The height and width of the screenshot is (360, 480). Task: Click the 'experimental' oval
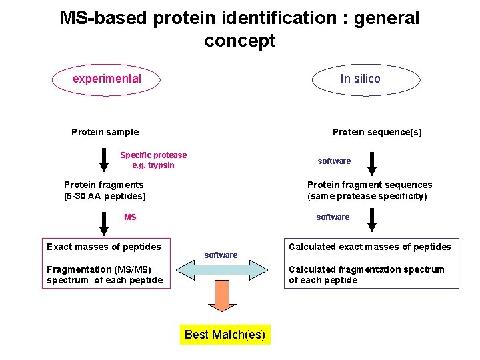[107, 79]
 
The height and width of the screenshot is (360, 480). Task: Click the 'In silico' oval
[360, 79]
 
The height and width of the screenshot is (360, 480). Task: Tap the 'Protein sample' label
[105, 132]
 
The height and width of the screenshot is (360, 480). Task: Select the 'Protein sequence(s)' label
[377, 132]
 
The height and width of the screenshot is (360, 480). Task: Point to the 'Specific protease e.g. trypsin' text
[153, 160]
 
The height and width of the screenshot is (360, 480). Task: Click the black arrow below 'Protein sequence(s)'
[372, 163]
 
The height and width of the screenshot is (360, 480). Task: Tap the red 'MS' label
[130, 217]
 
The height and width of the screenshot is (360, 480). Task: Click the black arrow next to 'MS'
[104, 221]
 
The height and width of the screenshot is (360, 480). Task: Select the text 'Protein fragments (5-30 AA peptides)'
[105, 191]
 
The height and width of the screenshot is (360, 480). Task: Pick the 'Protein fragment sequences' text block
[369, 191]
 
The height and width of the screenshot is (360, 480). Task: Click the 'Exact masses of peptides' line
[104, 247]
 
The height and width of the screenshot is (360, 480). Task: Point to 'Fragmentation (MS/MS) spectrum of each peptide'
[105, 275]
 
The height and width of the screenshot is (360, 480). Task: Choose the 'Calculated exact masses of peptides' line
[369, 247]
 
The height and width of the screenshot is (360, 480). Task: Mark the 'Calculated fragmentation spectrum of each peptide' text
[366, 275]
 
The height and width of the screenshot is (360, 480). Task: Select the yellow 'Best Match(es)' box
[225, 334]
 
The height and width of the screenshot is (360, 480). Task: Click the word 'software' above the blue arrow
[221, 255]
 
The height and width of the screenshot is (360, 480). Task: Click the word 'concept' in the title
[239, 41]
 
